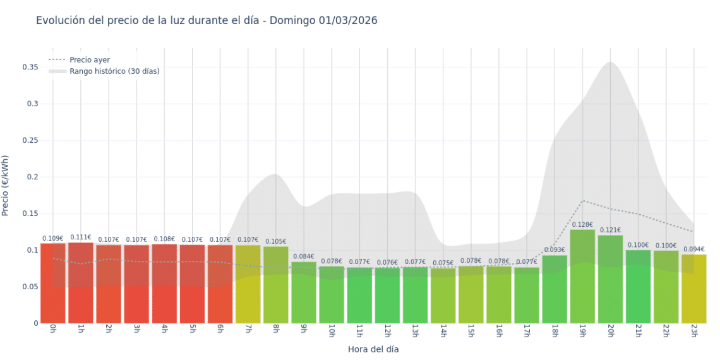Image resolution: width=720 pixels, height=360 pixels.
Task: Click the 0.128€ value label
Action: (582, 225)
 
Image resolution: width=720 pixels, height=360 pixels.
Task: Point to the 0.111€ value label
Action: (81, 237)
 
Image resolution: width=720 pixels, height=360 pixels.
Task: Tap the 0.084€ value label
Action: (304, 256)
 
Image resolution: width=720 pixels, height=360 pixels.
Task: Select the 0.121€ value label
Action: (610, 230)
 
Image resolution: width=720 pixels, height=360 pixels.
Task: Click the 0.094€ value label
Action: (693, 249)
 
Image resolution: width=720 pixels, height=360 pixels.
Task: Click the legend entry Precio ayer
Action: (89, 60)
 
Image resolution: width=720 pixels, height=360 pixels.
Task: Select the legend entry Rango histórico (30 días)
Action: (114, 71)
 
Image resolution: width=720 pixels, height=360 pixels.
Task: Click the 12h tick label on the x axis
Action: (387, 332)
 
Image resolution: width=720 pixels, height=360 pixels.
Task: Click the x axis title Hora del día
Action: (373, 349)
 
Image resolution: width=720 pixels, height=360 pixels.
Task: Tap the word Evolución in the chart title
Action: (60, 20)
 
